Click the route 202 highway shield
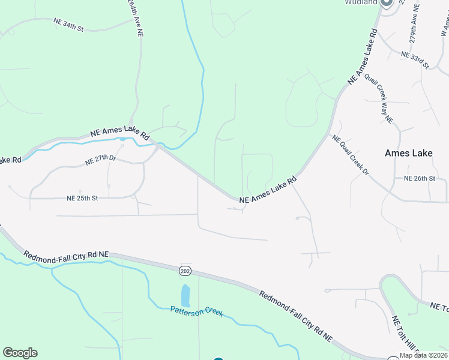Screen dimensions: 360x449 [185, 271]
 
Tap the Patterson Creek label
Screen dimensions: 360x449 [197, 311]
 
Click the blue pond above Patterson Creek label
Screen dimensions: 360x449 [185, 295]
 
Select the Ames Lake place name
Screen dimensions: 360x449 [408, 154]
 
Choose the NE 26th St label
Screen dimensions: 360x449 [419, 179]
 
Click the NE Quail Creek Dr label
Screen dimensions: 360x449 [350, 155]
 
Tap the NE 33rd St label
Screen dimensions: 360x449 [415, 59]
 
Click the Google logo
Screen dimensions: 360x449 [20, 353]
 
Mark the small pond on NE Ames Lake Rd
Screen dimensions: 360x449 [122, 139]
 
